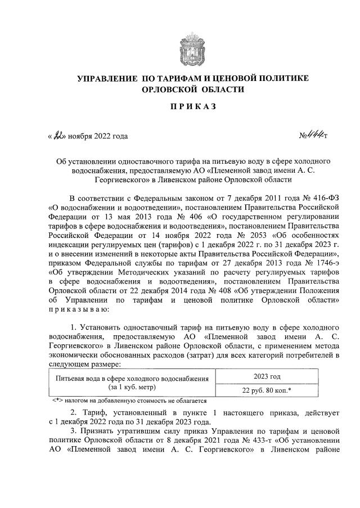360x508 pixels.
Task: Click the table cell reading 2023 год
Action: [267, 376]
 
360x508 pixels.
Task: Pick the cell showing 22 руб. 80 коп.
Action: [267, 390]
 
